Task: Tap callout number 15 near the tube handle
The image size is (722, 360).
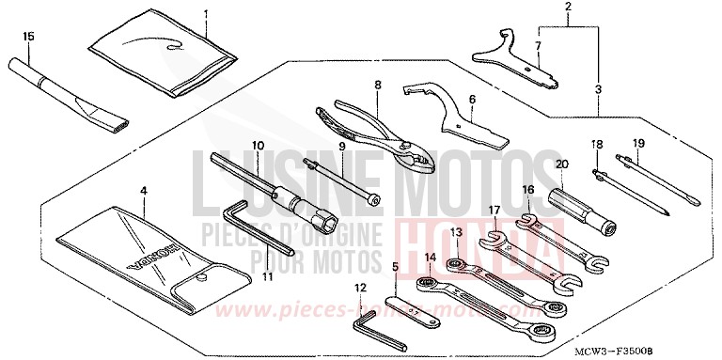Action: point(28,37)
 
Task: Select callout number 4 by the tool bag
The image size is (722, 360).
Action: point(143,191)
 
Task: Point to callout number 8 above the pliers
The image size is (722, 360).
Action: point(377,85)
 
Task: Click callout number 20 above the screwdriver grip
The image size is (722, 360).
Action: point(564,164)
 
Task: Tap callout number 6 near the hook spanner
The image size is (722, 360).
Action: point(472,99)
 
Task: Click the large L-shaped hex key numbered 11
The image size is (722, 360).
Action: point(249,231)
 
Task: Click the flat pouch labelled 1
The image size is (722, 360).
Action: point(165,56)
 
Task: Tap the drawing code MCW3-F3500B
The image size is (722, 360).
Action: point(668,351)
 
